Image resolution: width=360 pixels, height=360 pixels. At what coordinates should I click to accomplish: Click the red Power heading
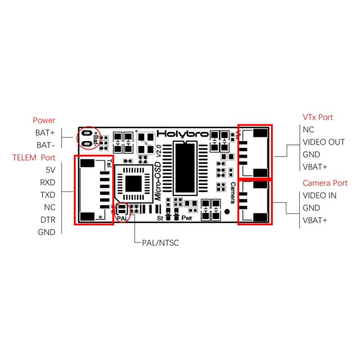click(x=44, y=120)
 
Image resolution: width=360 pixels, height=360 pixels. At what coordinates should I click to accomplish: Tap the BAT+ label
click(x=45, y=132)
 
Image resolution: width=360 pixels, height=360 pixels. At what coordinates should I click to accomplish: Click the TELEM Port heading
click(x=34, y=158)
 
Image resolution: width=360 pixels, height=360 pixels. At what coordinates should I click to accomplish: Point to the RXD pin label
click(x=48, y=183)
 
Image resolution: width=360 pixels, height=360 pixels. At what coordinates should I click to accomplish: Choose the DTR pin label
click(x=48, y=220)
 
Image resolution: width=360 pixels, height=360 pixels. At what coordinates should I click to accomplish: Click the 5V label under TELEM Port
click(x=50, y=170)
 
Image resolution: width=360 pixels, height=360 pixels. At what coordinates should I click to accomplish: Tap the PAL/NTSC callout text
click(x=158, y=243)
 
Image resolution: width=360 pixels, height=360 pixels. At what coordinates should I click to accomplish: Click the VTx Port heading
click(x=318, y=117)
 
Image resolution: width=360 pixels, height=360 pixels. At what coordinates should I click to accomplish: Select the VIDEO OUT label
click(x=323, y=142)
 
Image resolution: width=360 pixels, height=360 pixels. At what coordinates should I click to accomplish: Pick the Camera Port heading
click(x=325, y=183)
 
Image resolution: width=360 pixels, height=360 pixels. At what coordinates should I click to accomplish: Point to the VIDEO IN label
click(x=319, y=195)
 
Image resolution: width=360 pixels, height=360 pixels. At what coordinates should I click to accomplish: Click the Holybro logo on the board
click(x=183, y=134)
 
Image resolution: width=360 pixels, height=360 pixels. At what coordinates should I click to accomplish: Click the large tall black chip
click(x=185, y=168)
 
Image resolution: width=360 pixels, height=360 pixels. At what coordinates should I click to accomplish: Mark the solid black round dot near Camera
click(x=227, y=211)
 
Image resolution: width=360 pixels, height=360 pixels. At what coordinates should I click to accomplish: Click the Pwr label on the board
click(x=186, y=218)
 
